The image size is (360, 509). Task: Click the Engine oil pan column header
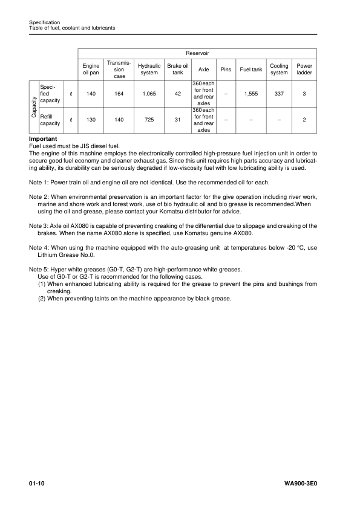pyautogui.click(x=91, y=70)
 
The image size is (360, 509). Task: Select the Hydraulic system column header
pyautogui.click(x=149, y=70)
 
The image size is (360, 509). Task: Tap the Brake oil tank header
pyautogui.click(x=177, y=70)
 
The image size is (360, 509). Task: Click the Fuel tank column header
pyautogui.click(x=251, y=70)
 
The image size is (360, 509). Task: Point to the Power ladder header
pyautogui.click(x=304, y=70)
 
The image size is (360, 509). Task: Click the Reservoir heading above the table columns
pyautogui.click(x=197, y=53)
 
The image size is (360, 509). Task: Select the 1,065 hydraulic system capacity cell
pyautogui.click(x=149, y=94)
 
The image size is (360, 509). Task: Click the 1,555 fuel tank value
pyautogui.click(x=251, y=94)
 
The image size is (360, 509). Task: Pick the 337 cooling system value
pyautogui.click(x=279, y=94)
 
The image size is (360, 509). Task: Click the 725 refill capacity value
pyautogui.click(x=149, y=120)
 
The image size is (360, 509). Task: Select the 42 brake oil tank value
pyautogui.click(x=177, y=94)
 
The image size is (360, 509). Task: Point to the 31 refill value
pyautogui.click(x=177, y=120)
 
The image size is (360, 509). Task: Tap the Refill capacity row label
pyautogui.click(x=49, y=120)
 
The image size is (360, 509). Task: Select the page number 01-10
pyautogui.click(x=37, y=484)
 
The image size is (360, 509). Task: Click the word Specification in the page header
pyautogui.click(x=45, y=22)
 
